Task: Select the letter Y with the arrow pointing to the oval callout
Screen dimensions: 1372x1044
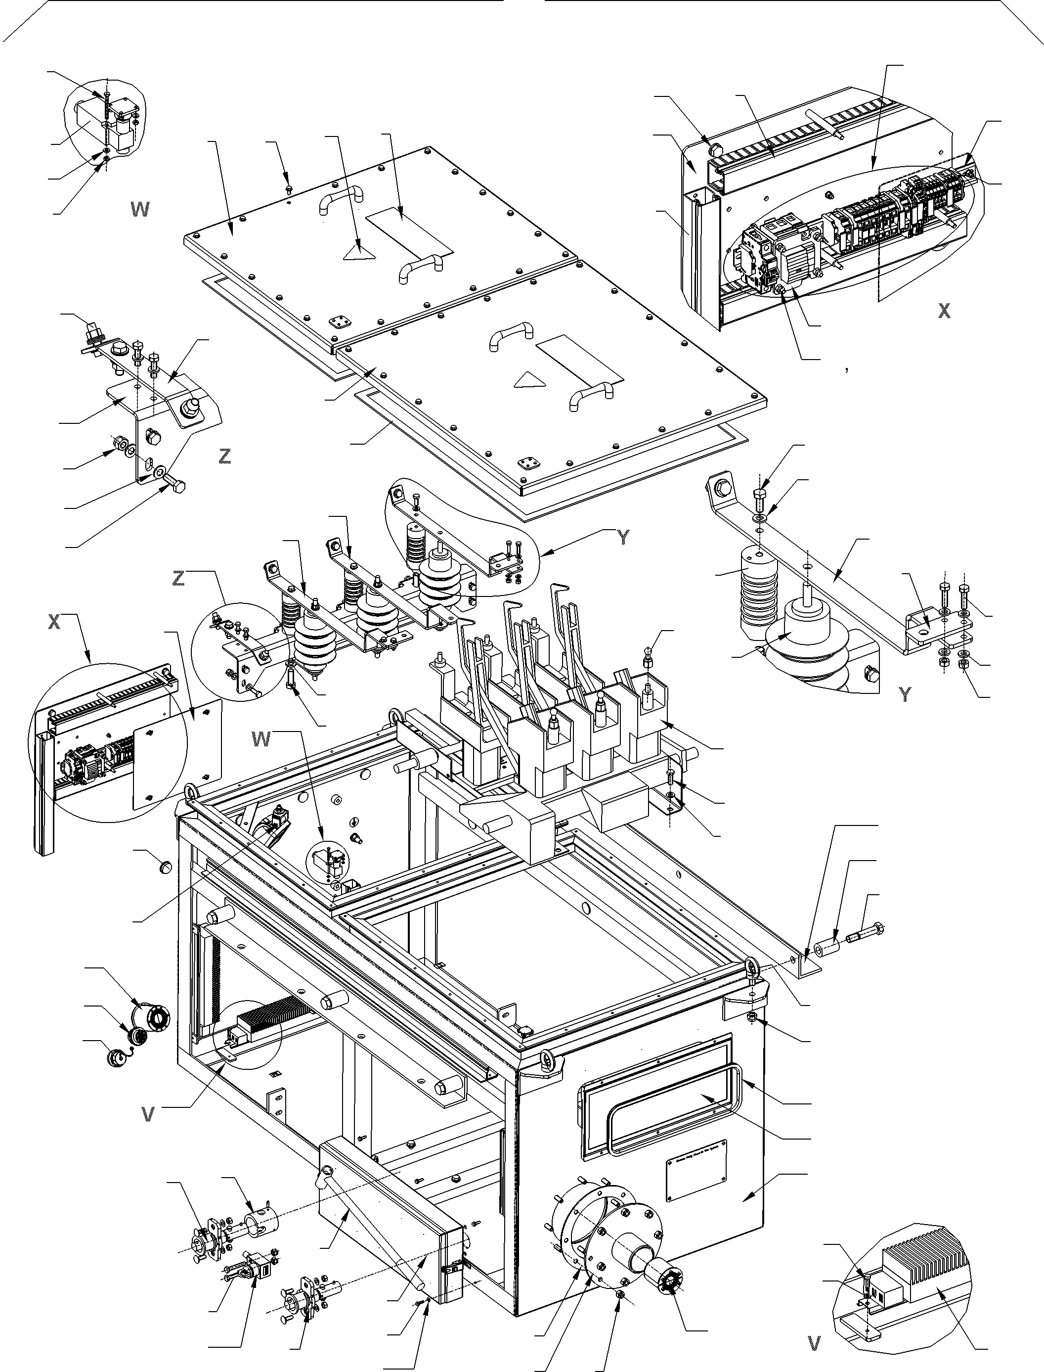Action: pyautogui.click(x=623, y=538)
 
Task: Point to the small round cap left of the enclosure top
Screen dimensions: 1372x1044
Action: pyautogui.click(x=165, y=867)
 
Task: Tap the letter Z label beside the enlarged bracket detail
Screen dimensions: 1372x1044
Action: pyautogui.click(x=225, y=457)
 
